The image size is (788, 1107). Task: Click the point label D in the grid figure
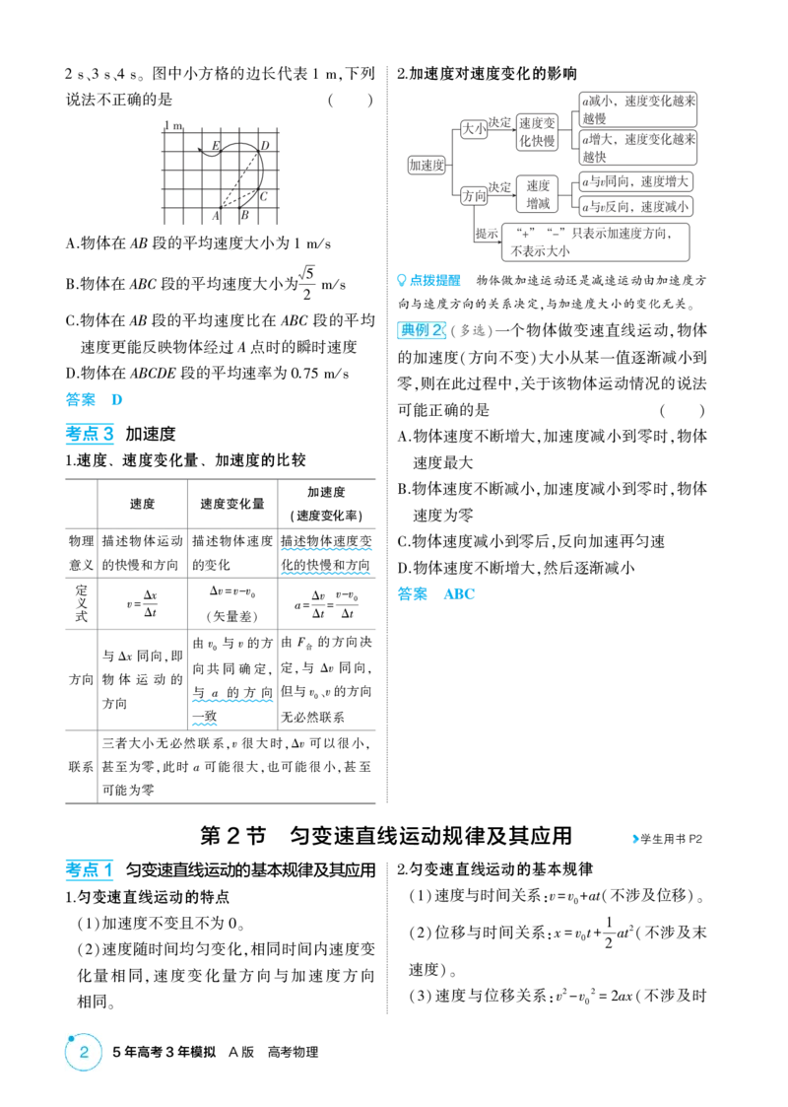pyautogui.click(x=265, y=146)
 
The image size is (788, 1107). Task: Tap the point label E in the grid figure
pyautogui.click(x=216, y=146)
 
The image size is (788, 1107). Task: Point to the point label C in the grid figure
pyautogui.click(x=263, y=196)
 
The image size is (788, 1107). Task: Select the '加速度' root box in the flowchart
pyautogui.click(x=427, y=166)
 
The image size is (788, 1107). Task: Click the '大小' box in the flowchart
pyautogui.click(x=474, y=128)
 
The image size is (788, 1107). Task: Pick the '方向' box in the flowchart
pyautogui.click(x=474, y=195)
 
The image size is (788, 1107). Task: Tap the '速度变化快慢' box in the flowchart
pyautogui.click(x=537, y=132)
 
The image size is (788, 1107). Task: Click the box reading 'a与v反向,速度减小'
pyautogui.click(x=635, y=206)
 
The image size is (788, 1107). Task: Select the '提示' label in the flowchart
pyautogui.click(x=487, y=234)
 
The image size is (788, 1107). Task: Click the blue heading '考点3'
pyautogui.click(x=90, y=434)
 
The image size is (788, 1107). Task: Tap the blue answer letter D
pyautogui.click(x=117, y=399)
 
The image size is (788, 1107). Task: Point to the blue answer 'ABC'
pyautogui.click(x=459, y=593)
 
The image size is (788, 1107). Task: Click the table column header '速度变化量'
pyautogui.click(x=232, y=504)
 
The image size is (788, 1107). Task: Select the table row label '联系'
pyautogui.click(x=81, y=767)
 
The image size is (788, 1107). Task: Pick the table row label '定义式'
pyautogui.click(x=81, y=603)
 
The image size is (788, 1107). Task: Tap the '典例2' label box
pyautogui.click(x=422, y=329)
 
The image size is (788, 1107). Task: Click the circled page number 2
pyautogui.click(x=84, y=1052)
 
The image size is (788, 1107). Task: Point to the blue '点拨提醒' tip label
pyautogui.click(x=428, y=280)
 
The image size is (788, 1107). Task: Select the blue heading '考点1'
pyautogui.click(x=90, y=869)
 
